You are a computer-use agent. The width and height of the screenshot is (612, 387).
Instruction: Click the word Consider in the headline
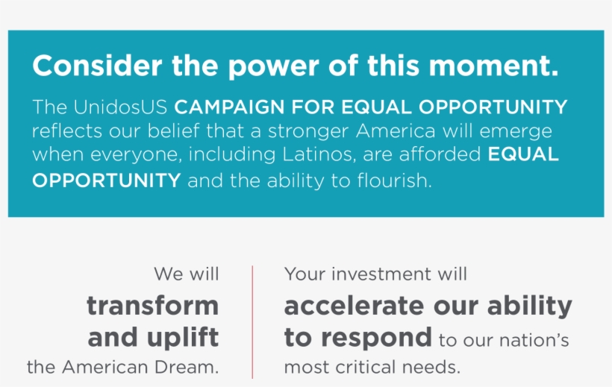click(97, 65)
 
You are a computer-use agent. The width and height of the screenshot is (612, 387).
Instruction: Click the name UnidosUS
click(120, 107)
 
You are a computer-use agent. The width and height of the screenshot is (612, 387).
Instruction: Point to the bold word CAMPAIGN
click(229, 107)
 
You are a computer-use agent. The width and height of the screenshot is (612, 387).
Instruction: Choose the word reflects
click(67, 130)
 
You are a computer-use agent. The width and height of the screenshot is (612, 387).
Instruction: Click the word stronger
click(308, 132)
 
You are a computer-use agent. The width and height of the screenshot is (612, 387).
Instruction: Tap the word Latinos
click(319, 154)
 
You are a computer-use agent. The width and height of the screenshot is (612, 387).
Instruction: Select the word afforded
click(440, 154)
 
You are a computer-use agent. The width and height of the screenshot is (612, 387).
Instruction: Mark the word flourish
click(395, 180)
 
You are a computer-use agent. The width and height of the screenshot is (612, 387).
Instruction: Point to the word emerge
click(516, 132)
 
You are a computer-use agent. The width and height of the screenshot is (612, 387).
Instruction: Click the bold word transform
click(152, 305)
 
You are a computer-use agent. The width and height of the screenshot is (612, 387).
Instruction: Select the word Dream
click(187, 367)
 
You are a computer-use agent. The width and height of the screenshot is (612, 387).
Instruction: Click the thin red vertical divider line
click(252, 322)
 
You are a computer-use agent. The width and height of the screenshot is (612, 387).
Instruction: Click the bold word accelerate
click(354, 306)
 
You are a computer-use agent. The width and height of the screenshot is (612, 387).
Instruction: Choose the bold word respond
click(376, 338)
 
